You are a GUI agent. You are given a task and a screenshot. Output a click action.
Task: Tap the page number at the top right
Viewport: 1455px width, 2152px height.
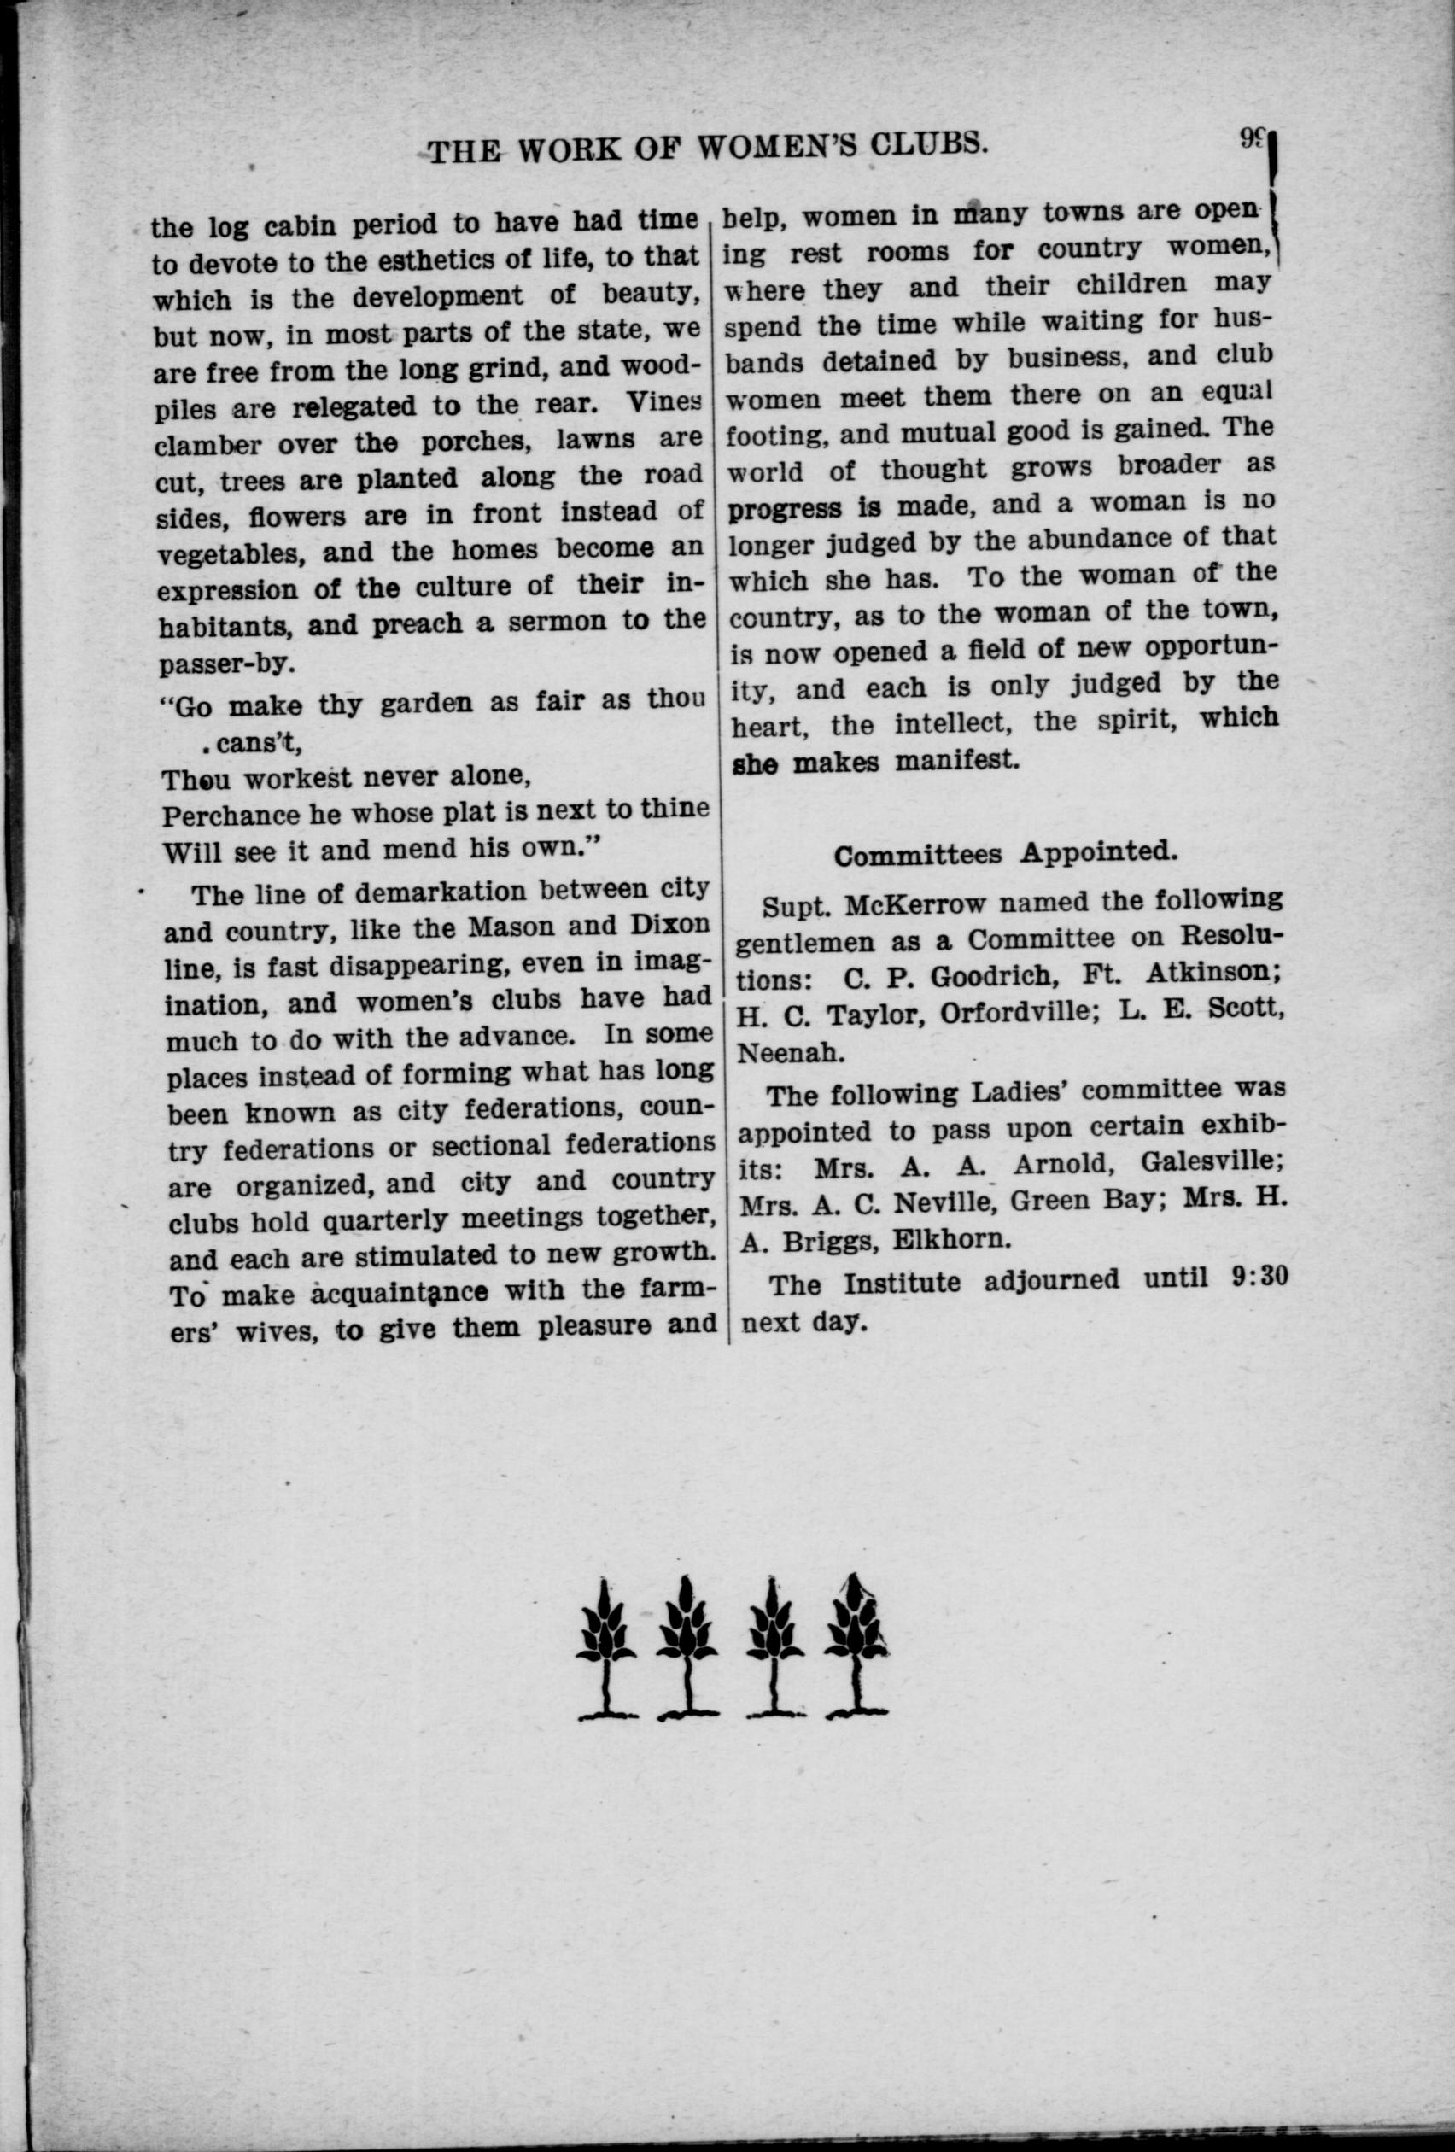(1251, 140)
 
